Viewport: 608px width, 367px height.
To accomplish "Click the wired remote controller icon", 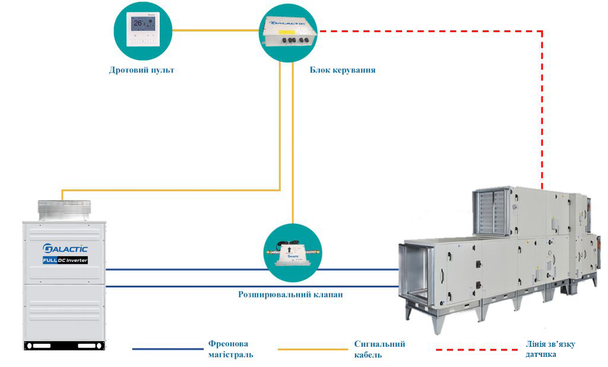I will (x=143, y=30).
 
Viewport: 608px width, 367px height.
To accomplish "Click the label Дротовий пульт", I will (x=142, y=70).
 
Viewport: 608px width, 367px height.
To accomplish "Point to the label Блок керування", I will (x=343, y=70).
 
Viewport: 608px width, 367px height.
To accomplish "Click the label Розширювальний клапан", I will (x=290, y=294).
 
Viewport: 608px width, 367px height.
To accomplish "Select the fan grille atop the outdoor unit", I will (x=64, y=207).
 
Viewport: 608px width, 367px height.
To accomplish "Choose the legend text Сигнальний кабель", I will (x=379, y=349).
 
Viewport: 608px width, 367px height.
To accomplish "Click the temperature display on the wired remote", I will (x=138, y=24).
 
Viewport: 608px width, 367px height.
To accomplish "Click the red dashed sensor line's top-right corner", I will (x=541, y=31).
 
